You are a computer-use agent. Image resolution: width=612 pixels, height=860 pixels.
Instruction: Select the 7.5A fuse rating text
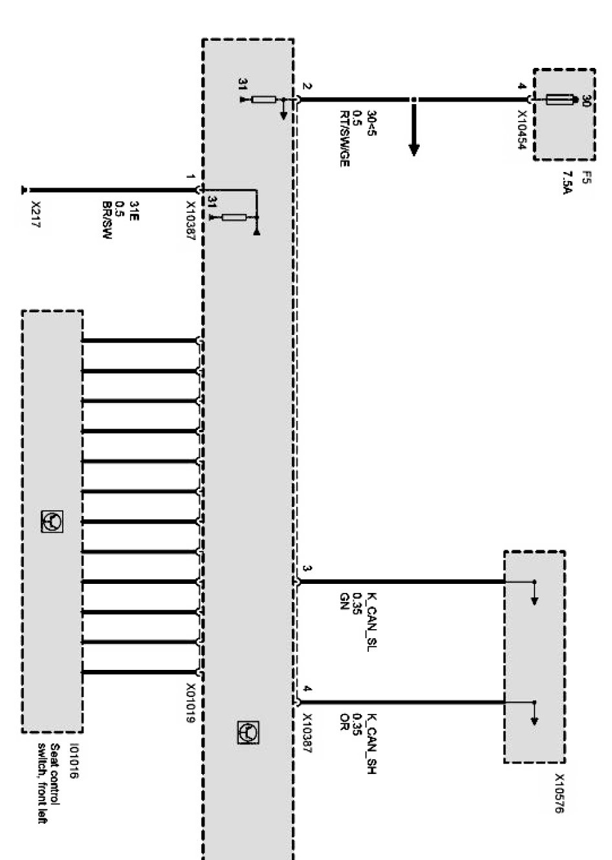pyautogui.click(x=567, y=183)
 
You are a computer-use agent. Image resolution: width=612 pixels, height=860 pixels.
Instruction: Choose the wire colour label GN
pyautogui.click(x=344, y=598)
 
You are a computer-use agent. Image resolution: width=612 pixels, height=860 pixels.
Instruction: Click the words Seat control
pyautogui.click(x=56, y=772)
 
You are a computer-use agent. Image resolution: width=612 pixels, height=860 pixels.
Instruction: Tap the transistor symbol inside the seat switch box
pyautogui.click(x=52, y=521)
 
